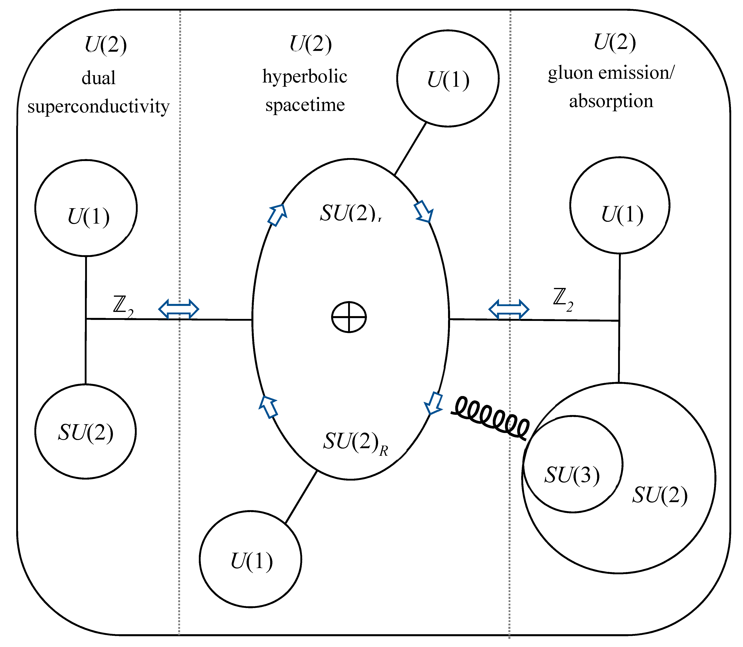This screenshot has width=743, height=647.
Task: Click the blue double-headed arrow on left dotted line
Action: pos(179,309)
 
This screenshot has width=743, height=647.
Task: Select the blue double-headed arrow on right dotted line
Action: pos(509,310)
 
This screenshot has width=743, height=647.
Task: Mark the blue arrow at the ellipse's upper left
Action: pos(277,215)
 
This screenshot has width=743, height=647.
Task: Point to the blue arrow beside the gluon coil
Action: pos(434,403)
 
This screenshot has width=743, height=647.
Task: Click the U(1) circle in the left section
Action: pos(86,208)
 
